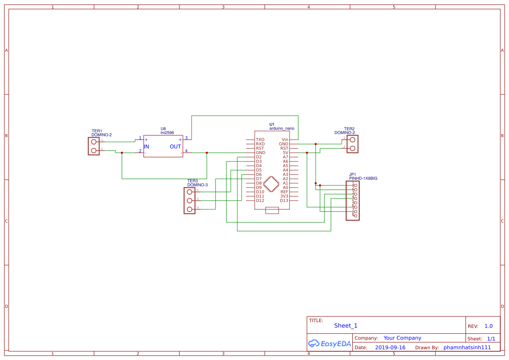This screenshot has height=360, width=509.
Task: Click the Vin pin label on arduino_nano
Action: pyautogui.click(x=285, y=140)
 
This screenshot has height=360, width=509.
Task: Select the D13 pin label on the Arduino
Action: pyautogui.click(x=284, y=201)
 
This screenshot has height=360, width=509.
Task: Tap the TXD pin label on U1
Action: pyautogui.click(x=260, y=140)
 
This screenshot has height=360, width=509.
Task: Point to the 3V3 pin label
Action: pyautogui.click(x=284, y=196)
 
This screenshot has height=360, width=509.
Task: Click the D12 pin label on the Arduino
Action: pyautogui.click(x=260, y=201)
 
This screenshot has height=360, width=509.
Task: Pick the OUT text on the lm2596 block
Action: pyautogui.click(x=175, y=147)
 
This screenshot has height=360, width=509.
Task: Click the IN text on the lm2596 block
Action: pyautogui.click(x=147, y=147)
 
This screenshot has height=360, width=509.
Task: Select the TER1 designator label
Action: pyautogui.click(x=97, y=131)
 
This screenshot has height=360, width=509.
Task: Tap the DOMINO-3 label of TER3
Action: pyautogui.click(x=197, y=185)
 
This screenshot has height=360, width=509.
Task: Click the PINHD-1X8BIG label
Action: pyautogui.click(x=363, y=178)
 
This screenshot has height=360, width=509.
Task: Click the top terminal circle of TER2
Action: pyautogui.click(x=353, y=140)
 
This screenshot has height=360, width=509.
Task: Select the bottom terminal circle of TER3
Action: pyautogui.click(x=189, y=209)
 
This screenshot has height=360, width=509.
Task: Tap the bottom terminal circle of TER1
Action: pyautogui.click(x=94, y=151)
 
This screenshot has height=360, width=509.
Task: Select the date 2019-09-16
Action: pyautogui.click(x=390, y=347)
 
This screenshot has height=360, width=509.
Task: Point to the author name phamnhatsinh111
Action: pyautogui.click(x=467, y=347)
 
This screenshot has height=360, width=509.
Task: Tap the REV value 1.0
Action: pyautogui.click(x=488, y=326)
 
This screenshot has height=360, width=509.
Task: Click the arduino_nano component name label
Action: pyautogui.click(x=282, y=128)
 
